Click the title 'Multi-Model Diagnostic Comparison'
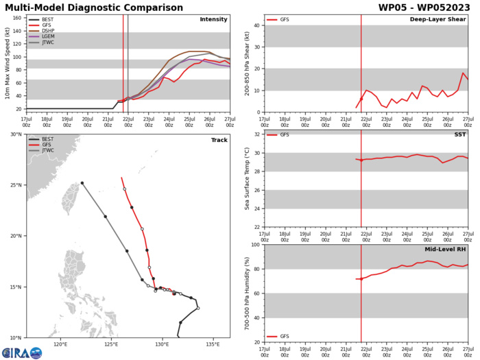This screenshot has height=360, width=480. click(x=95, y=8)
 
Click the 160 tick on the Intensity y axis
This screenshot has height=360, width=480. click(x=16, y=18)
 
